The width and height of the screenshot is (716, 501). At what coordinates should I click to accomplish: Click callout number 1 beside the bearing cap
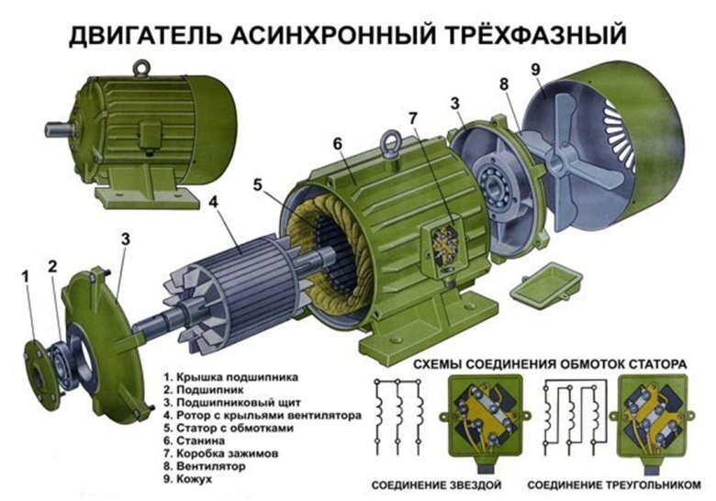tap(26, 274)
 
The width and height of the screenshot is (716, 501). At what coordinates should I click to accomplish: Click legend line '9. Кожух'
tap(189, 479)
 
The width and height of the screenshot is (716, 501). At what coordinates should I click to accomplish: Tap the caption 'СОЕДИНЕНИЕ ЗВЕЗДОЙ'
tap(437, 484)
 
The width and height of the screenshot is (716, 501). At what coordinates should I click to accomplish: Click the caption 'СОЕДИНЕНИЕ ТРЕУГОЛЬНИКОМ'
tap(614, 484)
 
